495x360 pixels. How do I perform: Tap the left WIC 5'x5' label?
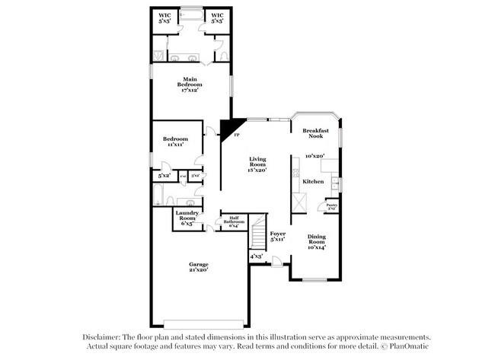tap(164, 18)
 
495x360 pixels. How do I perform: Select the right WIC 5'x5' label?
tap(217, 18)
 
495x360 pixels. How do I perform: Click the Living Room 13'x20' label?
tap(258, 164)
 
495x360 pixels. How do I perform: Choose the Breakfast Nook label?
tap(315, 133)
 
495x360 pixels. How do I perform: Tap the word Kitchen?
tap(314, 182)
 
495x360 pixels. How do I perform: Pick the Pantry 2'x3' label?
tap(332, 206)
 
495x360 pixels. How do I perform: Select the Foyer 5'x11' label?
tap(277, 237)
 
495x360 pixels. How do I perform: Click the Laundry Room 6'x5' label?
tap(187, 218)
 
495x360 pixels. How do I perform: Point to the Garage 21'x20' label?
tap(198, 267)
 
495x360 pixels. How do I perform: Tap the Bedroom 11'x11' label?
tap(176, 142)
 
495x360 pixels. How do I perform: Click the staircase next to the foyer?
tap(258, 231)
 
